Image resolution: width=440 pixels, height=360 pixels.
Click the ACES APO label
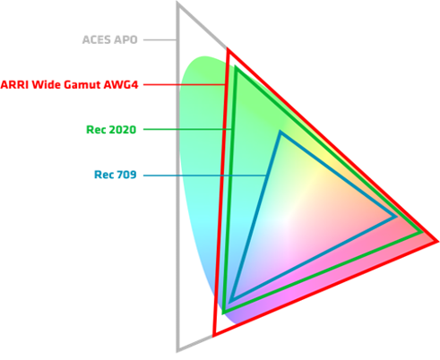pyautogui.click(x=109, y=39)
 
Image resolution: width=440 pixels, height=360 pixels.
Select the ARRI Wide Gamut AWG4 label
pyautogui.click(x=69, y=85)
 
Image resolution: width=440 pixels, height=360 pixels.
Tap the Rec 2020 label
pyautogui.click(x=111, y=130)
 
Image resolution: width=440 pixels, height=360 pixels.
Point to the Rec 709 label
pyautogui.click(x=116, y=175)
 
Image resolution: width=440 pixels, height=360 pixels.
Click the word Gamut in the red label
pyautogui.click(x=82, y=85)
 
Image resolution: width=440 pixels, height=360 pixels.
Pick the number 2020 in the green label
pyautogui.click(x=123, y=130)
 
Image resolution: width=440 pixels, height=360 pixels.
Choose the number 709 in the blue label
pyautogui.click(x=126, y=175)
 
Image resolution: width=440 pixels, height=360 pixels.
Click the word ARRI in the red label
pyautogui.click(x=15, y=85)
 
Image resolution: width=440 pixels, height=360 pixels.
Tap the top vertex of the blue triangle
pyautogui.click(x=280, y=132)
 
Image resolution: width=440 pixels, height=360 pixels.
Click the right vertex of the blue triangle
pyautogui.click(x=395, y=217)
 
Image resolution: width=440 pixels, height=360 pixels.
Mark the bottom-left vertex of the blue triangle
pyautogui.click(x=232, y=300)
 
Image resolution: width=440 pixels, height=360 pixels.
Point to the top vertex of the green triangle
pyautogui.click(x=237, y=67)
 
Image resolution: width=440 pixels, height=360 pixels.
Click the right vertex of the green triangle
pyautogui.click(x=422, y=232)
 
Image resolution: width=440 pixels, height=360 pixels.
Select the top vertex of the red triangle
pyautogui.click(x=229, y=49)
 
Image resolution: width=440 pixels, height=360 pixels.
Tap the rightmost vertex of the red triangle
pyautogui.click(x=437, y=241)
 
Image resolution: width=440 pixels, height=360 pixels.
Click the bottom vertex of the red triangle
pyautogui.click(x=214, y=335)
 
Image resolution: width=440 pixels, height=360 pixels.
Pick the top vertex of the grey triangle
pyautogui.click(x=178, y=4)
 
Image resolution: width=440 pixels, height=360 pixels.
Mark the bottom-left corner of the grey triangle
pyautogui.click(x=178, y=350)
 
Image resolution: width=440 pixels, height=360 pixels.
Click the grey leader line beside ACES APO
pyautogui.click(x=160, y=39)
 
